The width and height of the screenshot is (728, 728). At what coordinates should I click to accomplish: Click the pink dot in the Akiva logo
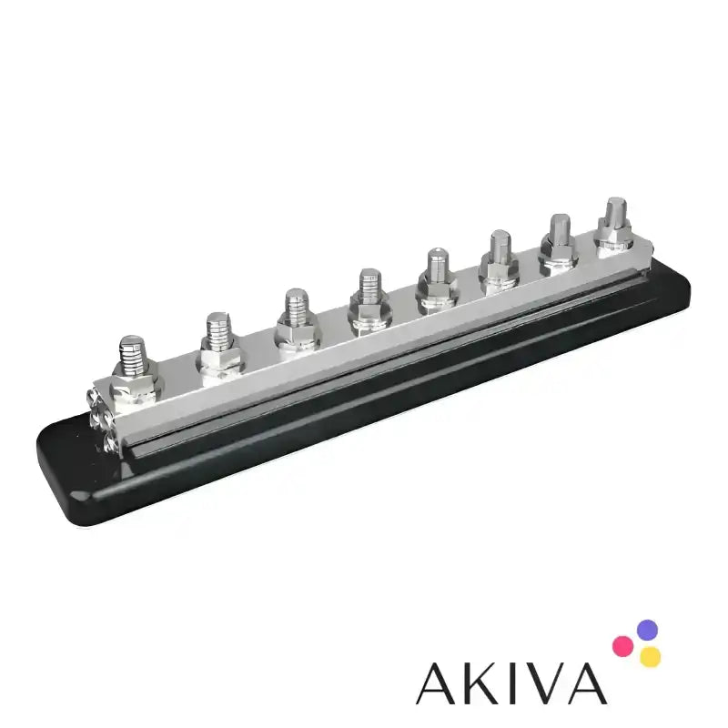[622, 646]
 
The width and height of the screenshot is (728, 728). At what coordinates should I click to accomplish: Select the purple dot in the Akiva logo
[647, 630]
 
